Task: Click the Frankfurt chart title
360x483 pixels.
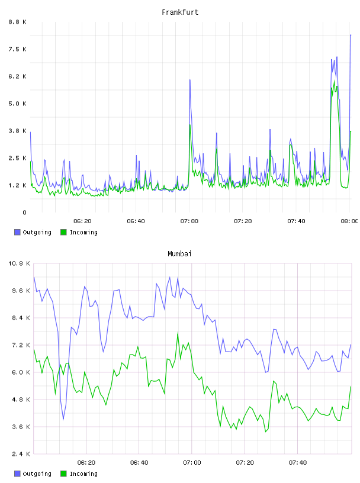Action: click(x=180, y=12)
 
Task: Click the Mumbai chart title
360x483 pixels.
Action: click(x=179, y=254)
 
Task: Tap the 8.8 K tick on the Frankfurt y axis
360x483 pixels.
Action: click(x=18, y=22)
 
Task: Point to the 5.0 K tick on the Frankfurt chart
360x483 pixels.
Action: click(x=18, y=104)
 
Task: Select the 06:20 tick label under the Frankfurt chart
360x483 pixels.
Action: click(x=82, y=221)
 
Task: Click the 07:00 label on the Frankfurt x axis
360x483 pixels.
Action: click(x=189, y=221)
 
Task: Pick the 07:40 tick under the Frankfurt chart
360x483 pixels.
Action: click(x=296, y=221)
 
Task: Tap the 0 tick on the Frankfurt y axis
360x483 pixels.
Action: click(x=25, y=212)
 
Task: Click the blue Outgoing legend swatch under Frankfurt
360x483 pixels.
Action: click(x=17, y=232)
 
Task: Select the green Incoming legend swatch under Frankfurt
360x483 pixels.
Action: click(x=63, y=232)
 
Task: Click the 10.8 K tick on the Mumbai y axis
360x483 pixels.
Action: click(x=20, y=263)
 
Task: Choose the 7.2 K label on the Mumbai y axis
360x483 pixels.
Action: click(x=21, y=345)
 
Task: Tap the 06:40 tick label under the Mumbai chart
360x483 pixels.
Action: click(x=139, y=462)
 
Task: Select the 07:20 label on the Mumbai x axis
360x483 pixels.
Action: click(x=245, y=462)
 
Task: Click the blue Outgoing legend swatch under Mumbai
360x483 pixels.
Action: click(x=17, y=474)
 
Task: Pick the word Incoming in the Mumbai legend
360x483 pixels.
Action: click(x=83, y=474)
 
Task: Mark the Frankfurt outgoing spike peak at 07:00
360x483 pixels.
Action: click(x=190, y=80)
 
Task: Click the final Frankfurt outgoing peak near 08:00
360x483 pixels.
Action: click(x=351, y=35)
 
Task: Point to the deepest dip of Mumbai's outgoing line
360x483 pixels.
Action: click(x=63, y=419)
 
